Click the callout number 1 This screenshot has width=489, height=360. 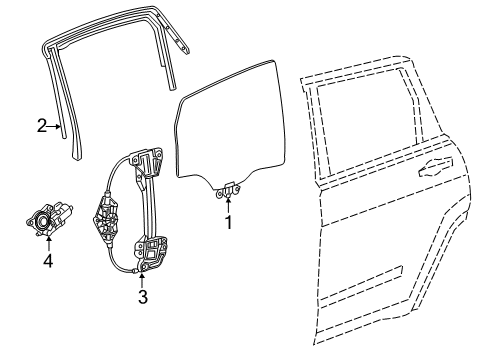[x=228, y=223]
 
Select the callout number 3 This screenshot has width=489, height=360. [x=143, y=296]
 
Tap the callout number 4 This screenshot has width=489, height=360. [x=46, y=264]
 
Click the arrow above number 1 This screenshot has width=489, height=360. [x=228, y=205]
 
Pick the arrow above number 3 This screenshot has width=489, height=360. [x=143, y=279]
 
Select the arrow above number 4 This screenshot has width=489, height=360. [x=46, y=246]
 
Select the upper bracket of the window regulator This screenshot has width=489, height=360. [x=149, y=160]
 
